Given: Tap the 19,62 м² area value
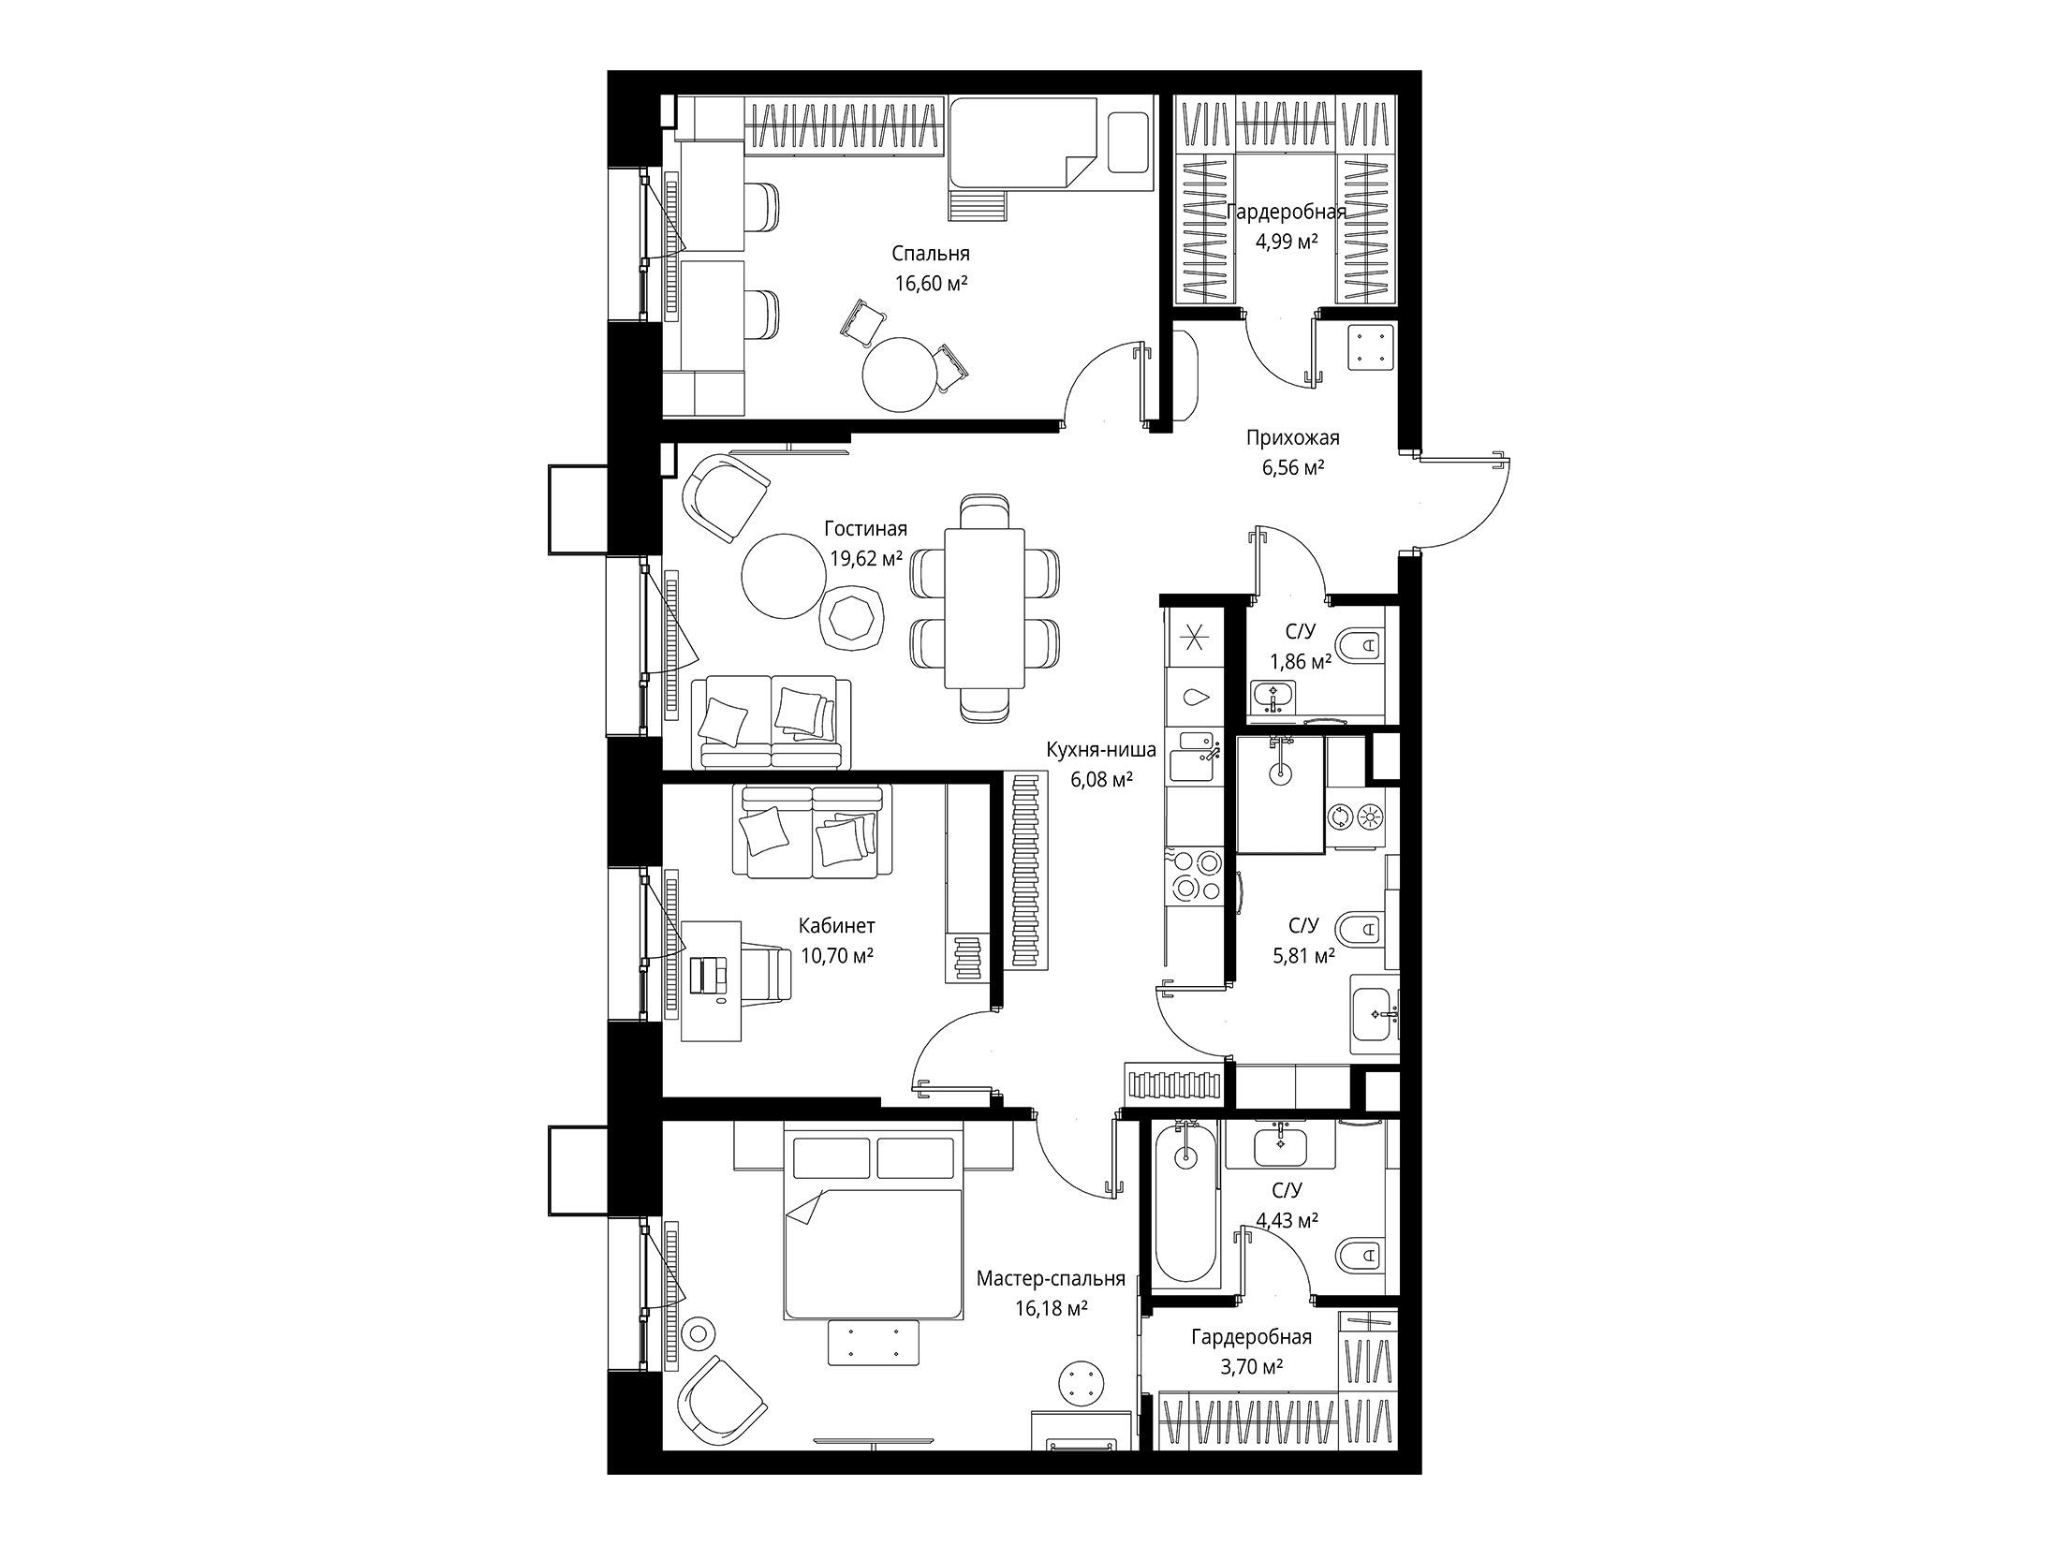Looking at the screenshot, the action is pyautogui.click(x=866, y=559).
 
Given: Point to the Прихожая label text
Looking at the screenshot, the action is pyautogui.click(x=1292, y=437).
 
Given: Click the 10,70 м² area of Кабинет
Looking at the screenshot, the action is pyautogui.click(x=837, y=956).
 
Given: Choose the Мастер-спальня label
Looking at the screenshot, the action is pyautogui.click(x=1051, y=1279).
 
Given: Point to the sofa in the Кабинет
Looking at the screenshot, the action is pyautogui.click(x=813, y=831).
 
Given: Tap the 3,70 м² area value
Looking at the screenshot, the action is pyautogui.click(x=1251, y=1367).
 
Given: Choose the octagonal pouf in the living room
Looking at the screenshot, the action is pyautogui.click(x=851, y=616).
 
